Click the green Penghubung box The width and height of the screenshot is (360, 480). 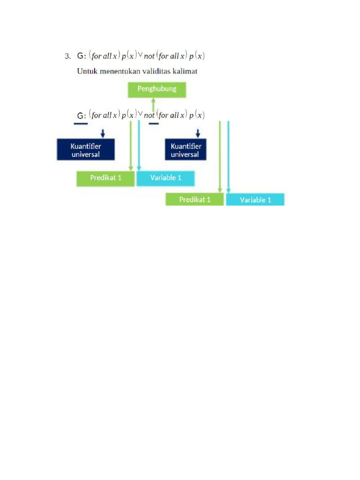click(157, 90)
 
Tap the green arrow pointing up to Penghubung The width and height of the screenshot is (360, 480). click(153, 105)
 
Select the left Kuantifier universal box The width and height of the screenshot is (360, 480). click(86, 150)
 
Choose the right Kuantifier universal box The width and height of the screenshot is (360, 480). click(186, 150)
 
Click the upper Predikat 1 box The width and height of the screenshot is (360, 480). click(105, 179)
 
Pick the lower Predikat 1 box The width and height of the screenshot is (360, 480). click(195, 199)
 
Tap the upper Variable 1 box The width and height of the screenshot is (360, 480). click(165, 179)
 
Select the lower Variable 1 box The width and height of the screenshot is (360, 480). click(255, 199)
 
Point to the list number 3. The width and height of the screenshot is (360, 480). click(67, 56)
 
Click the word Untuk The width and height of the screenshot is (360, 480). click(87, 71)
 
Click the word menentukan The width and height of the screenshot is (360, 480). click(120, 71)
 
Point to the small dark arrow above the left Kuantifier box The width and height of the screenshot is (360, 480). click(103, 133)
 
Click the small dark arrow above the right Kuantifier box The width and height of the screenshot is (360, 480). click(198, 133)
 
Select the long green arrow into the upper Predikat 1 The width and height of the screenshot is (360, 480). click(131, 146)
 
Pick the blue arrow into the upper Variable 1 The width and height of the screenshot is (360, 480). click(139, 146)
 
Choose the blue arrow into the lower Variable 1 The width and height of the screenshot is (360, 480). click(228, 157)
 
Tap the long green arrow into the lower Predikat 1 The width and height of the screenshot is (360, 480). click(220, 157)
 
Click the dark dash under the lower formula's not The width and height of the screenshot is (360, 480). click(154, 124)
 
